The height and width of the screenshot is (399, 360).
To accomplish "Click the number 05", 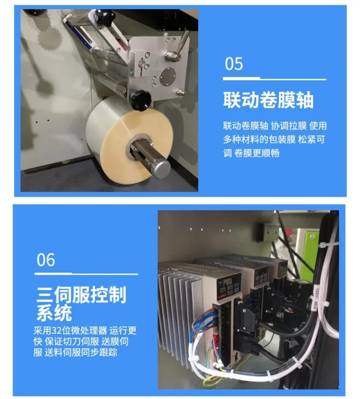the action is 234,63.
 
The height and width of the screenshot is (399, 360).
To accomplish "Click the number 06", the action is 46,260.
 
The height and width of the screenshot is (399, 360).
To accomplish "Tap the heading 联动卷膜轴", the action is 268,100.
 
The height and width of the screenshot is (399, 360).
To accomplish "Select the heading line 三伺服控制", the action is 82,295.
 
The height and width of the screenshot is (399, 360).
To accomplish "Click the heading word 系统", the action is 54,313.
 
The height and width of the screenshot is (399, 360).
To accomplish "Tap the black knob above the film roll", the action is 141,100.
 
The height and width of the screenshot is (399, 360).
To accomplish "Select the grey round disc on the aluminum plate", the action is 168,76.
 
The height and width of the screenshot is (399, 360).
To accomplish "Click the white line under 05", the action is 275,79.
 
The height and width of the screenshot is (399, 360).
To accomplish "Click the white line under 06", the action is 86,274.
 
